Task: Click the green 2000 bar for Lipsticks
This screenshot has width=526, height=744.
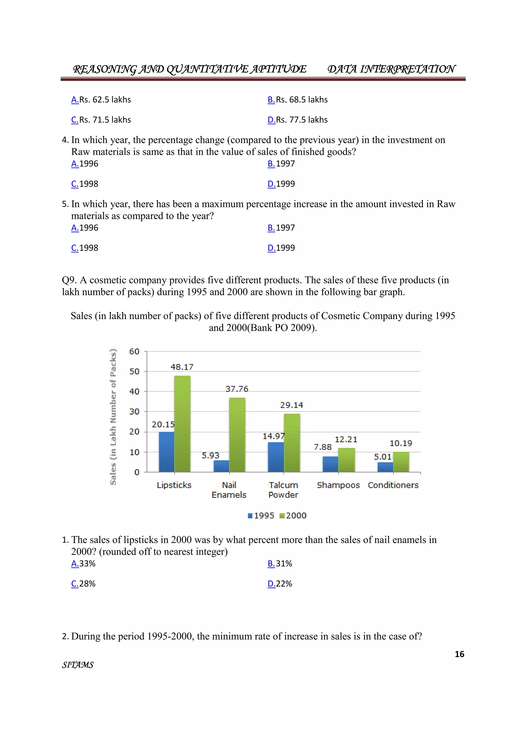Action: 182,424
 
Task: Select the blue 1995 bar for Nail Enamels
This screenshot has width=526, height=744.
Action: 222,466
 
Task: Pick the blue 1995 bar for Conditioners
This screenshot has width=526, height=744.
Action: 385,467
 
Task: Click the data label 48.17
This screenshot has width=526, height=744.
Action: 182,367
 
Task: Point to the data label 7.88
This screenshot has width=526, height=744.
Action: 323,447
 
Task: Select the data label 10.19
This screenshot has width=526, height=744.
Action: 401,443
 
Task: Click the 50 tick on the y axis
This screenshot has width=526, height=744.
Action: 134,371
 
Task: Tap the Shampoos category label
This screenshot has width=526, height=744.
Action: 338,485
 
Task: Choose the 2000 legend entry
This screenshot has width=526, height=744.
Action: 293,516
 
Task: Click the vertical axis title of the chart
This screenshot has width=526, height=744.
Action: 113,417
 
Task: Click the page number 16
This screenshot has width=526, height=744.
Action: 459,654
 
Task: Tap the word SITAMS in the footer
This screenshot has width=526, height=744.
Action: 78,665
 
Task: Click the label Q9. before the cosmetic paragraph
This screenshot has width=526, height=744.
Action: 69,280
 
